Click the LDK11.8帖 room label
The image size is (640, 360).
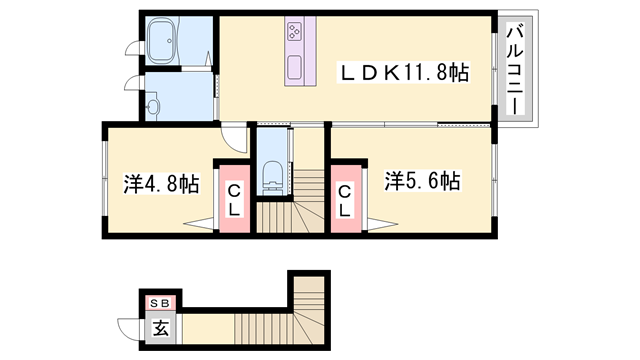point(406,73)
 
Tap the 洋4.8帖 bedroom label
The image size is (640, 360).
point(161,184)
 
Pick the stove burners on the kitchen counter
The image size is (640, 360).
point(297,34)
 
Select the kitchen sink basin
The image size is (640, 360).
point(297,67)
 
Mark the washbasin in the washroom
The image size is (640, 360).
point(152,103)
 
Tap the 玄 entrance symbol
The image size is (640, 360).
point(160,326)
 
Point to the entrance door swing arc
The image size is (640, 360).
point(128,328)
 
